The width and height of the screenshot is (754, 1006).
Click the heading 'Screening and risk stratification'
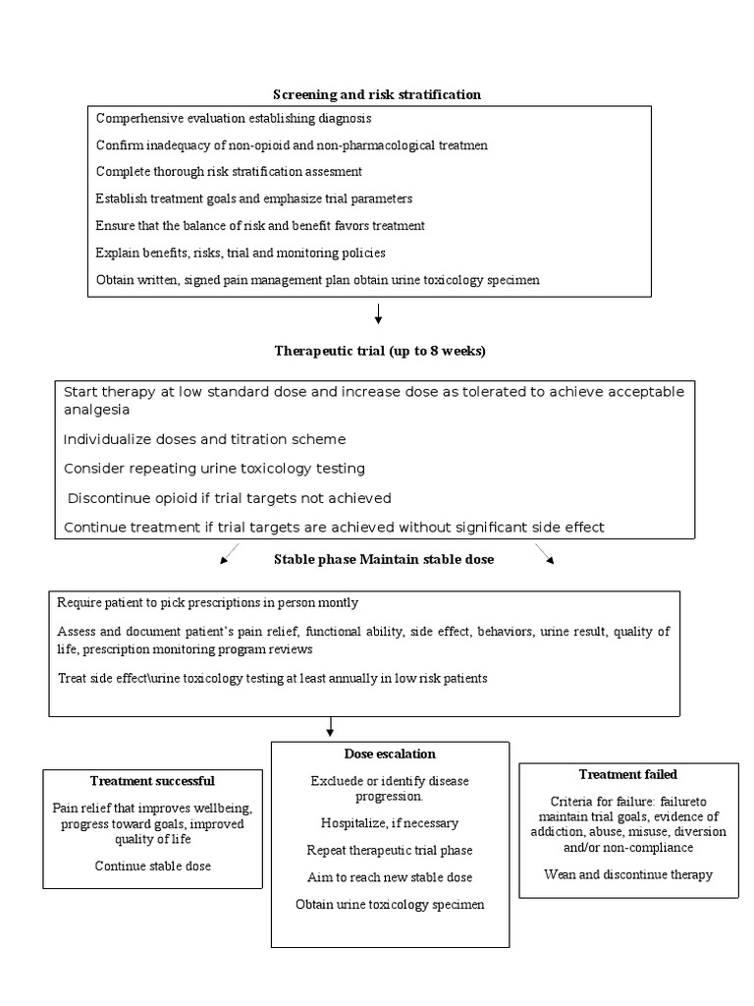(377, 94)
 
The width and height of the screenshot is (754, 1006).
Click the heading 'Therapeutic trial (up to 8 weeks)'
(379, 351)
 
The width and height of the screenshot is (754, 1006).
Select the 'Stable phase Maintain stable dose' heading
(383, 560)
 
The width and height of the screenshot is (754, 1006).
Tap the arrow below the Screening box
(378, 313)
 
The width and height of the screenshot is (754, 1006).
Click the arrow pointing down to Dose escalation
(331, 727)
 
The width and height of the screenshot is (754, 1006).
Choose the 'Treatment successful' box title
(152, 781)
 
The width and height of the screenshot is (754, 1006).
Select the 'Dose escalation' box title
(390, 754)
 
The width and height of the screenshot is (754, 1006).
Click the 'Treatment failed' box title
(627, 774)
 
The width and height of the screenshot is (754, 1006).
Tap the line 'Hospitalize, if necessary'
(390, 822)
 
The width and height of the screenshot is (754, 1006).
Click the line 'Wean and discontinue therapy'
(627, 874)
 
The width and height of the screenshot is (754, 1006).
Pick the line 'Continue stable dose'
(152, 866)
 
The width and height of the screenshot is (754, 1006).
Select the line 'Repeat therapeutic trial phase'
(390, 850)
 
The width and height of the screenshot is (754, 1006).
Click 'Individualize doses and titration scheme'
(204, 439)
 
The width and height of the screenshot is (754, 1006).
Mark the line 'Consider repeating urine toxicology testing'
(214, 469)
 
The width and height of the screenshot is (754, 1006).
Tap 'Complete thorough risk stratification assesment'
(229, 171)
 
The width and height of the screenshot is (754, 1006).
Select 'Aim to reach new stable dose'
(390, 877)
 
